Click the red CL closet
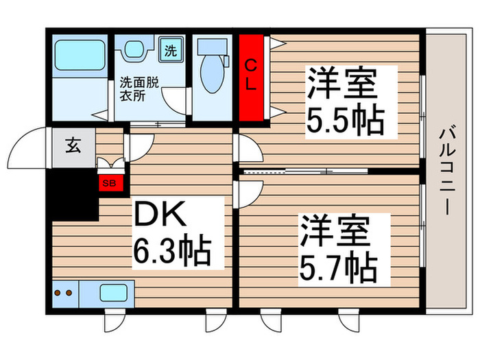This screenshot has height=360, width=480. coord(252,76)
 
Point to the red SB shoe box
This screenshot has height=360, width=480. coord(108,183)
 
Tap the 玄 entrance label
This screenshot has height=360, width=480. coord(72,145)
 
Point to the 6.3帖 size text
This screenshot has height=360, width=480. coord(171,252)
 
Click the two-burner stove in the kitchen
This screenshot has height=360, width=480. coord(63,293)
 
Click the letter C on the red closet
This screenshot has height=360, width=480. coord(252,65)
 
